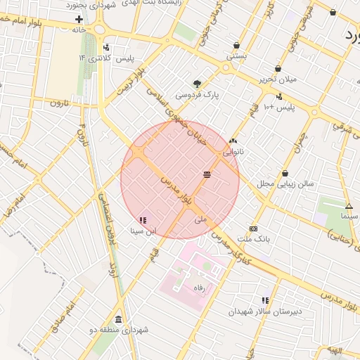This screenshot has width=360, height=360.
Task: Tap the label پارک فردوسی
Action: [x=193, y=94]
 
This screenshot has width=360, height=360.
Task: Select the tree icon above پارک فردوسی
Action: [x=197, y=83]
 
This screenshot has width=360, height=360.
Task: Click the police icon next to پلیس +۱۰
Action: [x=279, y=97]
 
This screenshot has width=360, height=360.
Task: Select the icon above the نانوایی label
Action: [x=233, y=141]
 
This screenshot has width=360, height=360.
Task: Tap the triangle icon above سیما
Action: [x=349, y=206]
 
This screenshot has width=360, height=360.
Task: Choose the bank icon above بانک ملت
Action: [x=253, y=229]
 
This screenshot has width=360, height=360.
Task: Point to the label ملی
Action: [x=201, y=219]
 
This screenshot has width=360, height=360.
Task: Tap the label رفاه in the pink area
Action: [x=199, y=288]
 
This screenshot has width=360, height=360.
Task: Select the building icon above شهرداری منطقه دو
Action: [x=117, y=319]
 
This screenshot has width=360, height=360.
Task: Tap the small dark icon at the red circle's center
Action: [x=207, y=174]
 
